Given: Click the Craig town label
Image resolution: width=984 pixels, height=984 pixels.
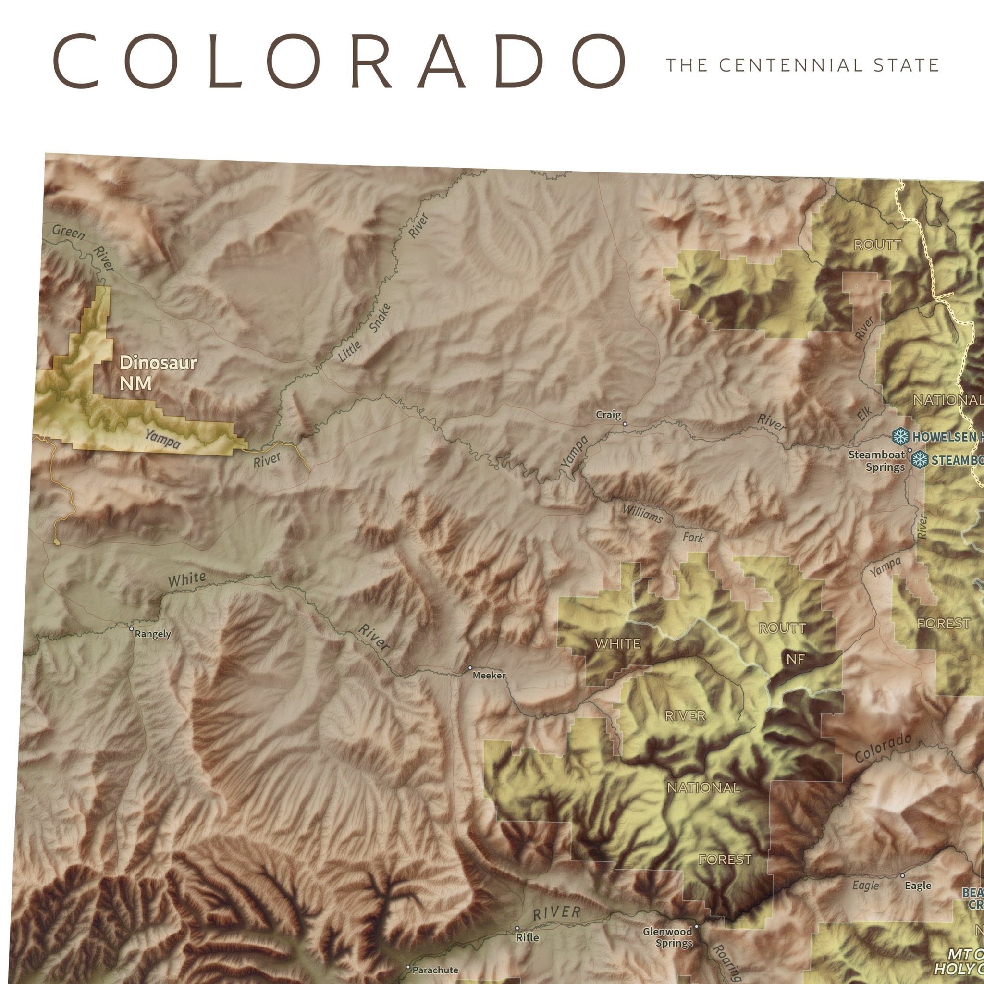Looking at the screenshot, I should [608, 415].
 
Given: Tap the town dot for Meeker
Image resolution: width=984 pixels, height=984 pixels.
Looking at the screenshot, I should [469, 667].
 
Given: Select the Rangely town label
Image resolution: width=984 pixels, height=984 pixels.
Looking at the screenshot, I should [153, 634].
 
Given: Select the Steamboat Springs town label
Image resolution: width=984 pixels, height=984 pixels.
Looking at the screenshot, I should [876, 460].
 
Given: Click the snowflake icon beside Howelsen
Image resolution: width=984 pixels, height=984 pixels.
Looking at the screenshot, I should [901, 436].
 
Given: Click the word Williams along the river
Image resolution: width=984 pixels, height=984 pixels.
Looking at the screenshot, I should [642, 514].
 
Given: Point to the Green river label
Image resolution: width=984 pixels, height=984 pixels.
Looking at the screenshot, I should [68, 232].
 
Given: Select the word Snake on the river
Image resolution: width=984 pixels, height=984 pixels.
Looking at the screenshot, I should [381, 318].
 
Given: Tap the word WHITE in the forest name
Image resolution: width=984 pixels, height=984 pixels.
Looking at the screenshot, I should [617, 644].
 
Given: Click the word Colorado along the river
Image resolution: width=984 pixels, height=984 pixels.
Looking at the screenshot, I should [883, 747].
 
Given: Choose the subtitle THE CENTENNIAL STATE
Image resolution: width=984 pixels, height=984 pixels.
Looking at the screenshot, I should [803, 66].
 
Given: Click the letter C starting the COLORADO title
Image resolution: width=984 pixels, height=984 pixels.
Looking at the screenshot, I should [75, 61].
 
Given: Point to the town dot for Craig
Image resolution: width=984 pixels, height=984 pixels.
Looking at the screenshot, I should [625, 423].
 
